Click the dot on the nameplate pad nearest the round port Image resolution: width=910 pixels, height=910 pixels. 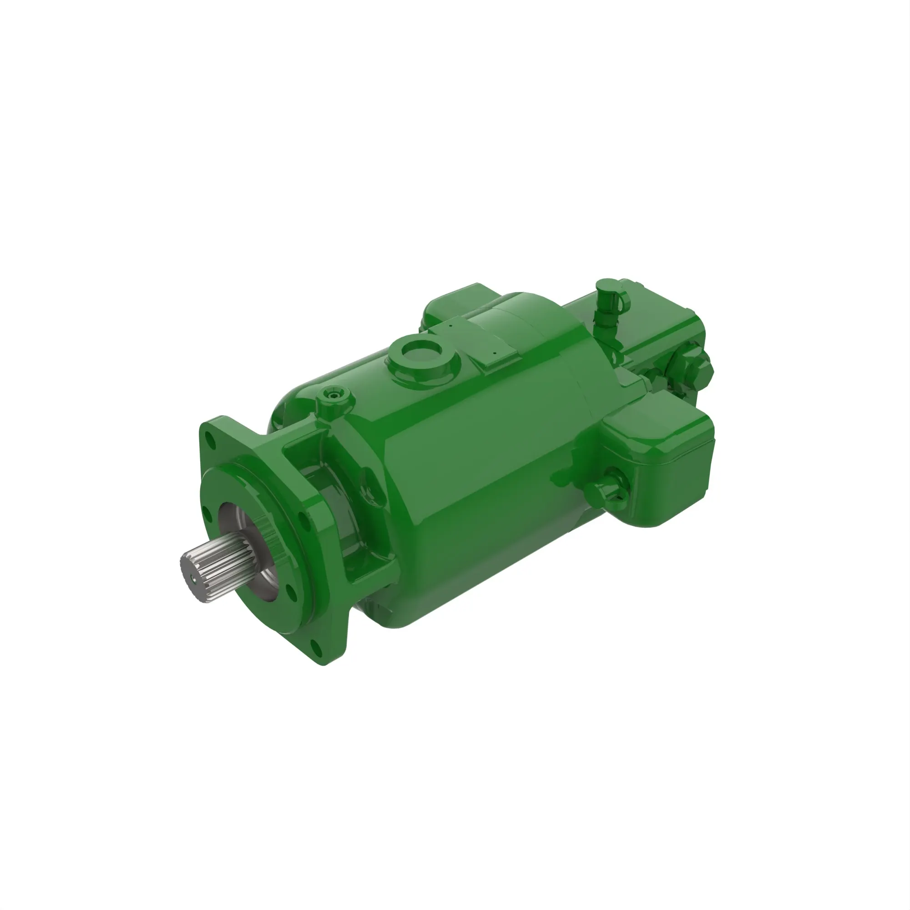(x=451, y=325)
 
